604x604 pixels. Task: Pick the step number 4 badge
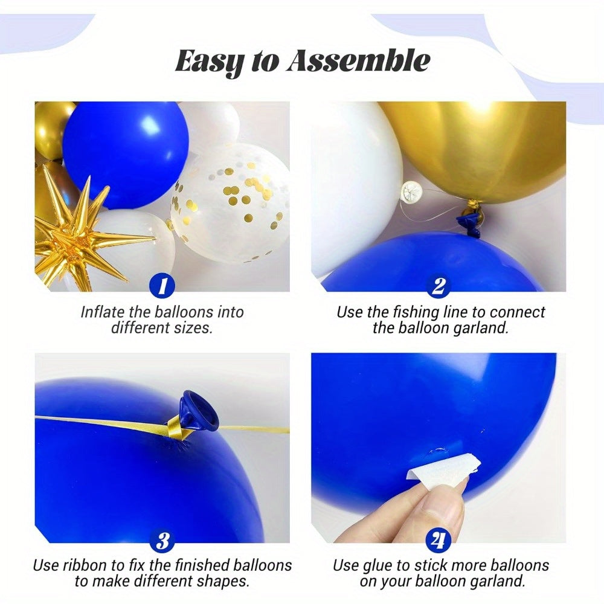coord(439,539)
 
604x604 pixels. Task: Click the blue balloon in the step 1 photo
coord(124,154)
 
